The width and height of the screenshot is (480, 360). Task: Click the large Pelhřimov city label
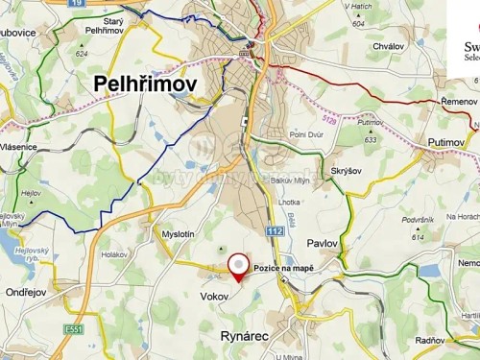(x=145, y=85)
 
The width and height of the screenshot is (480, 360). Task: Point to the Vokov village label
(x=214, y=297)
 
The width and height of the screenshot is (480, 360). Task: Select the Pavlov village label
(x=323, y=244)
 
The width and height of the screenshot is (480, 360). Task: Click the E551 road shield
(x=73, y=328)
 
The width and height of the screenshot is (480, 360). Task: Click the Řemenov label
(x=458, y=101)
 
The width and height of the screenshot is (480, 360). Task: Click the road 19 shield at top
(x=76, y=4)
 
